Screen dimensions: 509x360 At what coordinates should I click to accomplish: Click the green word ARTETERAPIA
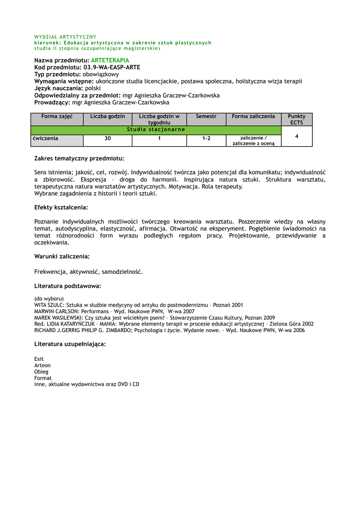click(x=110, y=60)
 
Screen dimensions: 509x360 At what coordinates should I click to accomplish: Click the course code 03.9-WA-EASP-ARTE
click(x=112, y=67)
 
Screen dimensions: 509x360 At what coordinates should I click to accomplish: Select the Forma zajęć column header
click(x=57, y=116)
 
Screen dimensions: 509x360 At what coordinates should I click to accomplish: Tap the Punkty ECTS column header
click(x=296, y=119)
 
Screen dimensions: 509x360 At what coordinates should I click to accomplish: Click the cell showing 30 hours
click(x=107, y=139)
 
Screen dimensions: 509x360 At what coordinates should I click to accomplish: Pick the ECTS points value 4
click(x=296, y=136)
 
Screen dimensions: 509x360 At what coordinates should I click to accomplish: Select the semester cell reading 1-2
click(x=206, y=139)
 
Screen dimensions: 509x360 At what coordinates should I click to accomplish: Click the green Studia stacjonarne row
click(x=156, y=129)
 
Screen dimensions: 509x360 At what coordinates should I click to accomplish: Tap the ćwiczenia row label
click(x=45, y=139)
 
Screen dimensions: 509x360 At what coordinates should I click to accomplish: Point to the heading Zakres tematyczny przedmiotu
click(x=79, y=158)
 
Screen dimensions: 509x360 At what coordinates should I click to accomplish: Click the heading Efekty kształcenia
click(x=61, y=207)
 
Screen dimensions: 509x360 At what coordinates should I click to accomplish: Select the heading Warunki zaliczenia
click(x=62, y=256)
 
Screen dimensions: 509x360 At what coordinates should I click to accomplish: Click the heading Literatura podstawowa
click(x=68, y=286)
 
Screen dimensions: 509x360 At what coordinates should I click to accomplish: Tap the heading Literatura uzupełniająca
click(x=70, y=343)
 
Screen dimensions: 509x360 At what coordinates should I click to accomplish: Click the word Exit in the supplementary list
click(x=39, y=359)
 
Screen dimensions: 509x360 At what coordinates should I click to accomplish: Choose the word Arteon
click(x=42, y=365)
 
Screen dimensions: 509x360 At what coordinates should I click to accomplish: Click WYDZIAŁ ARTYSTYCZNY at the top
click(x=65, y=37)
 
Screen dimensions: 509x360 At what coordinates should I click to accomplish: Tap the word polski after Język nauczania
click(x=93, y=88)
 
